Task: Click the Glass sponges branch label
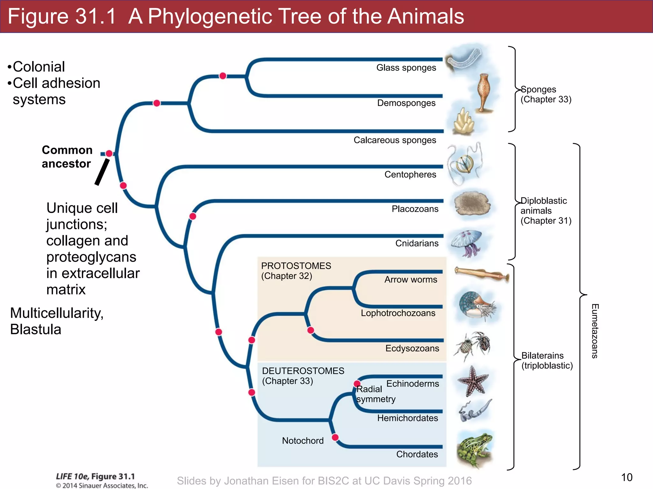tap(406, 68)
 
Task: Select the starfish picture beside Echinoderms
tap(473, 381)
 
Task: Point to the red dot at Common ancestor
tap(109, 153)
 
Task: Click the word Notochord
tap(303, 441)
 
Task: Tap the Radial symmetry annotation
tap(375, 394)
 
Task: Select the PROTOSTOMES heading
tap(296, 266)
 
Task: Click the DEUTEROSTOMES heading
tap(303, 371)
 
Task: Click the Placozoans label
tap(415, 209)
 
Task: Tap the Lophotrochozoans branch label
tap(398, 313)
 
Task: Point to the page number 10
tap(627, 477)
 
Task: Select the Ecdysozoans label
tap(412, 348)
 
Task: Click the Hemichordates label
tap(407, 418)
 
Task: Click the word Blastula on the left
tap(35, 330)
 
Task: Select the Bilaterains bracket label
tap(547, 360)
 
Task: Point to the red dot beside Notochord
tap(335, 437)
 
